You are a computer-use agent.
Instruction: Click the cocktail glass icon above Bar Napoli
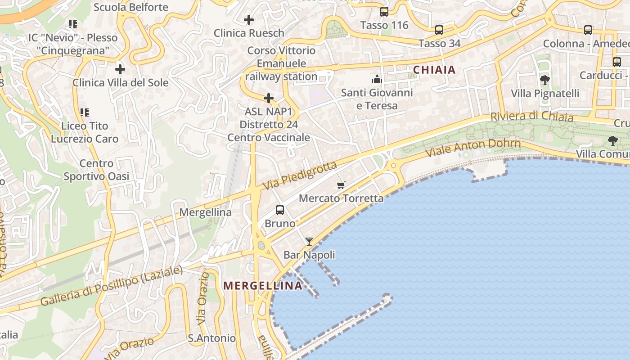point(309,242)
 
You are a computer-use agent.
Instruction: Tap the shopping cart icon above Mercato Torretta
point(341,185)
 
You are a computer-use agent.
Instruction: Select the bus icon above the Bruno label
point(280,210)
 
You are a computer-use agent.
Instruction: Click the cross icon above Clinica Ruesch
point(248,20)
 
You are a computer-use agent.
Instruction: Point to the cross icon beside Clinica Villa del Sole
point(120,69)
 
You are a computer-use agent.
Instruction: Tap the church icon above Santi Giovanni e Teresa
point(377,80)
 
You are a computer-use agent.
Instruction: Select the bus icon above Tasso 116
point(384,12)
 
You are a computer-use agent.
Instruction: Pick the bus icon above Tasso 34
point(439,31)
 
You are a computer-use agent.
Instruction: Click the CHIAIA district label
point(434,70)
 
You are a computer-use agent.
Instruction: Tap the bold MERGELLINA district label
point(263,286)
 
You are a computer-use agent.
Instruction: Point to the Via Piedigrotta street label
point(300,175)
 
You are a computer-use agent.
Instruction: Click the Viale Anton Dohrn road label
point(473,147)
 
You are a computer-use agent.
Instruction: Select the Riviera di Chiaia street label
point(531,117)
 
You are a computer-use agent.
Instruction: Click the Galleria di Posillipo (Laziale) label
point(112,286)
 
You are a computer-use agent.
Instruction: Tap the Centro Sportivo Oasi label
point(96,170)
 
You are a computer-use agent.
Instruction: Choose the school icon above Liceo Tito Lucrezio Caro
point(85,112)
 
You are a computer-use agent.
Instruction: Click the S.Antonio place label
point(211,338)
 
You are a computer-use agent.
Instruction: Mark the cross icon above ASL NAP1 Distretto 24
point(269,98)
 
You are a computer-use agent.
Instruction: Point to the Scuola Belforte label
point(131,7)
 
